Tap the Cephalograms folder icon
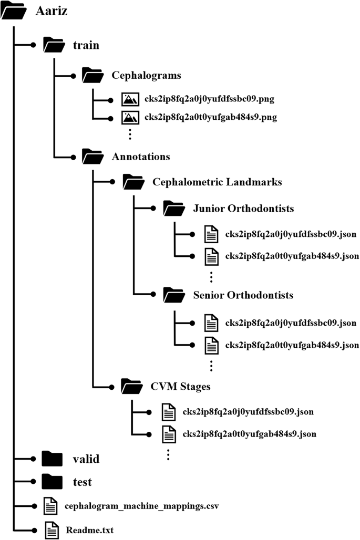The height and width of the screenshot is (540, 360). (92, 76)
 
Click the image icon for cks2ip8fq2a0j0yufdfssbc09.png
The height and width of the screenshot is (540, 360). (129, 99)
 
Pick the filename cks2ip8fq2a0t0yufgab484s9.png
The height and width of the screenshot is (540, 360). (210, 117)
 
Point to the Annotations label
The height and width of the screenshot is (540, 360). (141, 157)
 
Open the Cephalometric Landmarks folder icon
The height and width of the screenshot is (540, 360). (133, 182)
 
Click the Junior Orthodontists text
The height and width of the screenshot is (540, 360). (243, 209)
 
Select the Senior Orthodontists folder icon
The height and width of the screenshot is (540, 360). (173, 295)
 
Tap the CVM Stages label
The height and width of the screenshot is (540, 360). (181, 387)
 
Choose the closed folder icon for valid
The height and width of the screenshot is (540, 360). (52, 459)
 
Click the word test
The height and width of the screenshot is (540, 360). (83, 482)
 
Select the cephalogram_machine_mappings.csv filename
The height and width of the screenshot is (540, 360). (141, 506)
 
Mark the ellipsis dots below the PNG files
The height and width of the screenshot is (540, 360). (129, 134)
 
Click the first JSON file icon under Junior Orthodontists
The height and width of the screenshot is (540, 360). (211, 235)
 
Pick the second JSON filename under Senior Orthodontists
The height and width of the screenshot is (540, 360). (292, 345)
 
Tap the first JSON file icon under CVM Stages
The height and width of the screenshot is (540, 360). (169, 412)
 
